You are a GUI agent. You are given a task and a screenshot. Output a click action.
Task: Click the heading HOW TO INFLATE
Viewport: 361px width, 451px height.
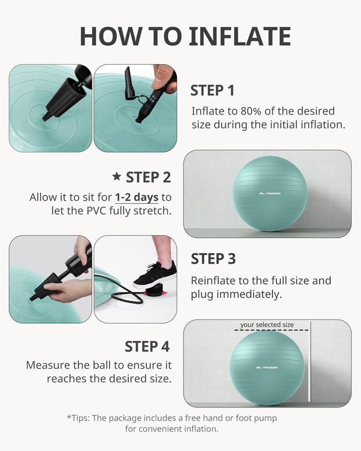(185, 36)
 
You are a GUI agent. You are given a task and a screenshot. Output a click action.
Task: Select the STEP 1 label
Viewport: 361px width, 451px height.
(213, 90)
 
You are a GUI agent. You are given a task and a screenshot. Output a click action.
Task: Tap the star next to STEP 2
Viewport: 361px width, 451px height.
(116, 176)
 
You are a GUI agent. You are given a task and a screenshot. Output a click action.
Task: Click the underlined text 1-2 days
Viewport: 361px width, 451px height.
(137, 197)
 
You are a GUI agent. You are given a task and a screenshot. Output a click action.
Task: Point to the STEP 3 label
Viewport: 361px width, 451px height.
(213, 258)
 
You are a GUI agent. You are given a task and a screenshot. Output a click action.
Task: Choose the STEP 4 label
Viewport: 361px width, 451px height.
(147, 346)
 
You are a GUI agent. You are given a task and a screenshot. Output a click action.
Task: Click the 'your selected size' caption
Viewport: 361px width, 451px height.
(267, 325)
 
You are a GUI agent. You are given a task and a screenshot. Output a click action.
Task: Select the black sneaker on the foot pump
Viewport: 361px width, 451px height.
(155, 274)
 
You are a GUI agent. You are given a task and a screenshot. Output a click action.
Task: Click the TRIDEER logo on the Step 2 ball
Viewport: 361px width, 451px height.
(270, 193)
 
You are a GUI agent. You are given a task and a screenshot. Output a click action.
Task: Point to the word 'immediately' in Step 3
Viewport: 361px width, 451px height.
(252, 294)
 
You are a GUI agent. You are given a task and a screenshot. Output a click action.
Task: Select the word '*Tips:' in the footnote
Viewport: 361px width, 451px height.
(80, 418)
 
